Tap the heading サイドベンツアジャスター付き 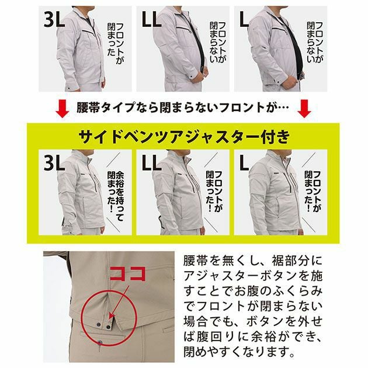click(183, 137)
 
